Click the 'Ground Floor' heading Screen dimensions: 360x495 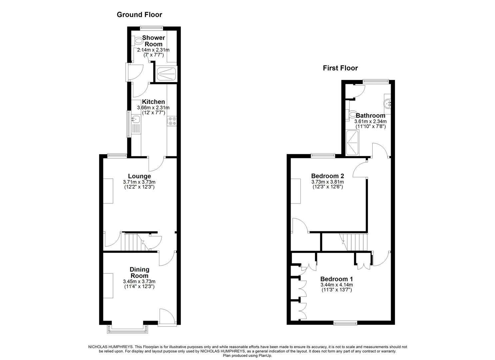click(x=139, y=15)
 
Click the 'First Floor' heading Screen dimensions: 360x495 click(x=340, y=68)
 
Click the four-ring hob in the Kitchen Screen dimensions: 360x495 click(x=172, y=121)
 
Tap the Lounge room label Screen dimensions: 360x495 click(x=139, y=176)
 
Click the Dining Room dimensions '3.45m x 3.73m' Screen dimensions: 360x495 click(x=139, y=281)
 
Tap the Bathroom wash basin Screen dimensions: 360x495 click(x=388, y=103)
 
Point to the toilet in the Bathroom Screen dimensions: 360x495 click(x=352, y=114)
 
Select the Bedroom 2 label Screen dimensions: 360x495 click(x=327, y=176)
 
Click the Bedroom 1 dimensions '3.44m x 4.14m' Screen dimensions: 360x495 click(x=336, y=285)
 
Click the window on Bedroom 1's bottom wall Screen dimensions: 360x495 click(x=345, y=322)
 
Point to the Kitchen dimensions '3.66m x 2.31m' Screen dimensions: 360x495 click(x=153, y=108)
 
